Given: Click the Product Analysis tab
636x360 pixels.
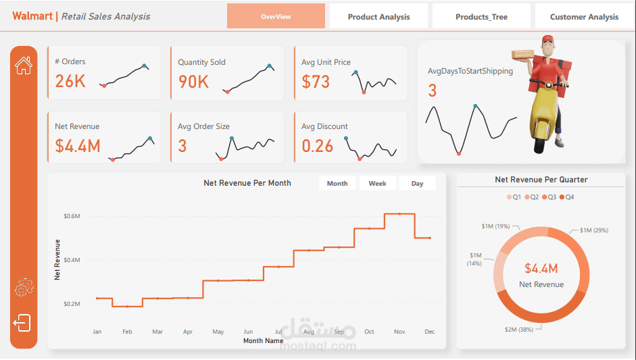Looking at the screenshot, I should point(378,17).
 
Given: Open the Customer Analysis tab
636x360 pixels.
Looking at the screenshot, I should point(584,17).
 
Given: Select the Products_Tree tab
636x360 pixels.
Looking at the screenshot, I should point(481,17).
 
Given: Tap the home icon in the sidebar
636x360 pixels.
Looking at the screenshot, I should point(24,66).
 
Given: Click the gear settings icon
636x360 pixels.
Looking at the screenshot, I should point(24,288).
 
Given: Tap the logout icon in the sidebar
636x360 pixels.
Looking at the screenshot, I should point(22,323).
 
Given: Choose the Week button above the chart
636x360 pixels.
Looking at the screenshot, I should point(377,184).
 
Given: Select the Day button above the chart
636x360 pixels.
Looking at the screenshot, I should point(417,184).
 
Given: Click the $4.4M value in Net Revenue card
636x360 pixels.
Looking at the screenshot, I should point(78,146).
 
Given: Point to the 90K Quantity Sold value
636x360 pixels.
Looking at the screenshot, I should point(193,82).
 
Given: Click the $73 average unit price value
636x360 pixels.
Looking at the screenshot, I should point(316,82).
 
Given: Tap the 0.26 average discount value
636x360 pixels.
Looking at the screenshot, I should point(318,146).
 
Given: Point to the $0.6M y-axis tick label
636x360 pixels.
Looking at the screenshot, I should point(72,216).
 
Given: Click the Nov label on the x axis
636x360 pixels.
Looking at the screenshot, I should point(399,332).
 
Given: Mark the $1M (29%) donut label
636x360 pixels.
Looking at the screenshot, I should point(593,230).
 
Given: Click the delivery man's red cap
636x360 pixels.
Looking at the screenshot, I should point(546,38).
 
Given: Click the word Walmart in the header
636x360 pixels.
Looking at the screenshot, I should point(32,16).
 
